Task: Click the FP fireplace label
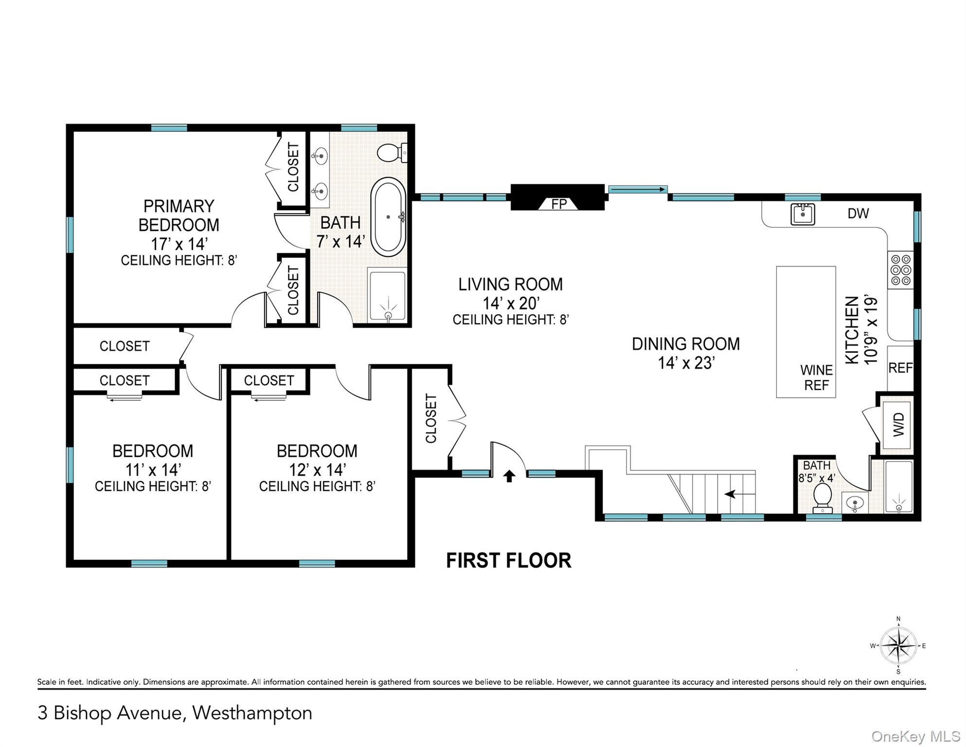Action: point(558,204)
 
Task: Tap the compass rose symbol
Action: point(898,646)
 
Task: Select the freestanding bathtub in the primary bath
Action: point(388,217)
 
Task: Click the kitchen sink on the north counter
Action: point(803,214)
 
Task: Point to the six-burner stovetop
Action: point(900,270)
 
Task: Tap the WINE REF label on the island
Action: point(816,377)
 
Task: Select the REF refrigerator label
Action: point(900,368)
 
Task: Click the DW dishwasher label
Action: point(858,213)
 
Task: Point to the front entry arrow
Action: point(509,476)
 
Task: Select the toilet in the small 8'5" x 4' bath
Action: point(823,497)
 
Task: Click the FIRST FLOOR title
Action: point(508,560)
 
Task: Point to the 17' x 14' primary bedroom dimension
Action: point(179,243)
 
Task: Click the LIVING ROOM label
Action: point(510,285)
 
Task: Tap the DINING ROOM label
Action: point(685,344)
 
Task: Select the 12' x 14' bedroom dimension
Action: point(317,470)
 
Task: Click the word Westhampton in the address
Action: point(252,713)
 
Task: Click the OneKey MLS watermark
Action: point(915,736)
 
